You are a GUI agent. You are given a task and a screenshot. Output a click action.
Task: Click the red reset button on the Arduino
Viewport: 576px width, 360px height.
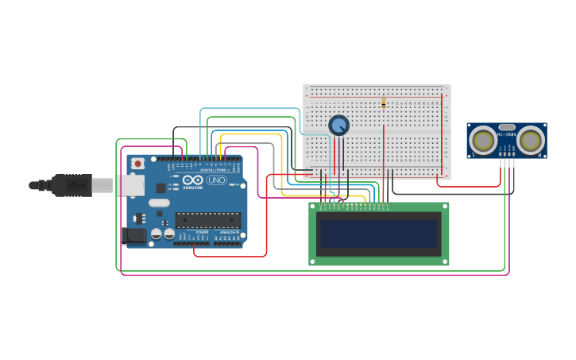[x=137, y=163]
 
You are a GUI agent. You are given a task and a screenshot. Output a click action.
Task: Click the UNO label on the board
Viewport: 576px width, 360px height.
[x=216, y=180]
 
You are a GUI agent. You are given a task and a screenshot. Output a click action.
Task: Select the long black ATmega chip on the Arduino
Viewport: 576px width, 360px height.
[x=207, y=220]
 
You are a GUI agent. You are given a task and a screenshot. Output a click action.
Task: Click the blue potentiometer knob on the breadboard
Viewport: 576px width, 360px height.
[x=338, y=126]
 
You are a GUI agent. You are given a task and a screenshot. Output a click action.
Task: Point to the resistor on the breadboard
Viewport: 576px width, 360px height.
[x=383, y=103]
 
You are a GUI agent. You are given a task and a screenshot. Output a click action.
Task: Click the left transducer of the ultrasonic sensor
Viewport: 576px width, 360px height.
[x=482, y=141]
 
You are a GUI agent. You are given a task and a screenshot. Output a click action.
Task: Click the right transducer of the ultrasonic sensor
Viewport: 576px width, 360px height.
[x=531, y=141]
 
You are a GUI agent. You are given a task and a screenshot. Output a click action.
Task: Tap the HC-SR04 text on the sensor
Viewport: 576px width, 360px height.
[x=507, y=135]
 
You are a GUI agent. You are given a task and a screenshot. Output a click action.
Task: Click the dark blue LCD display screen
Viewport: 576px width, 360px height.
[x=378, y=234]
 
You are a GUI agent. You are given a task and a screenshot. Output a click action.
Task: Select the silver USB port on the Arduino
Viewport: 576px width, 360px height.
[x=130, y=185]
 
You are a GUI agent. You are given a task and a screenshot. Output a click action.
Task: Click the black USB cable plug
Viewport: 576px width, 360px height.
[x=72, y=185]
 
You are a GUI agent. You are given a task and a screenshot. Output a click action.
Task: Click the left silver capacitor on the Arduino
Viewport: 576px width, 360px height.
[x=157, y=234]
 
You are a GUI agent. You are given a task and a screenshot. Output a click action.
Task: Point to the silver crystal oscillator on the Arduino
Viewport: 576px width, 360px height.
[x=159, y=203]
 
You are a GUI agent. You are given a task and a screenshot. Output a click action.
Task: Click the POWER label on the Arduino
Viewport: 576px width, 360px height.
[x=202, y=232]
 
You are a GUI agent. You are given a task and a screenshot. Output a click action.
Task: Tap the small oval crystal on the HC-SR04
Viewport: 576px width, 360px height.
[x=507, y=126]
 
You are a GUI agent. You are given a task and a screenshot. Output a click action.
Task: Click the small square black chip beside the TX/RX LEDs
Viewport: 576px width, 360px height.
[x=160, y=188]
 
